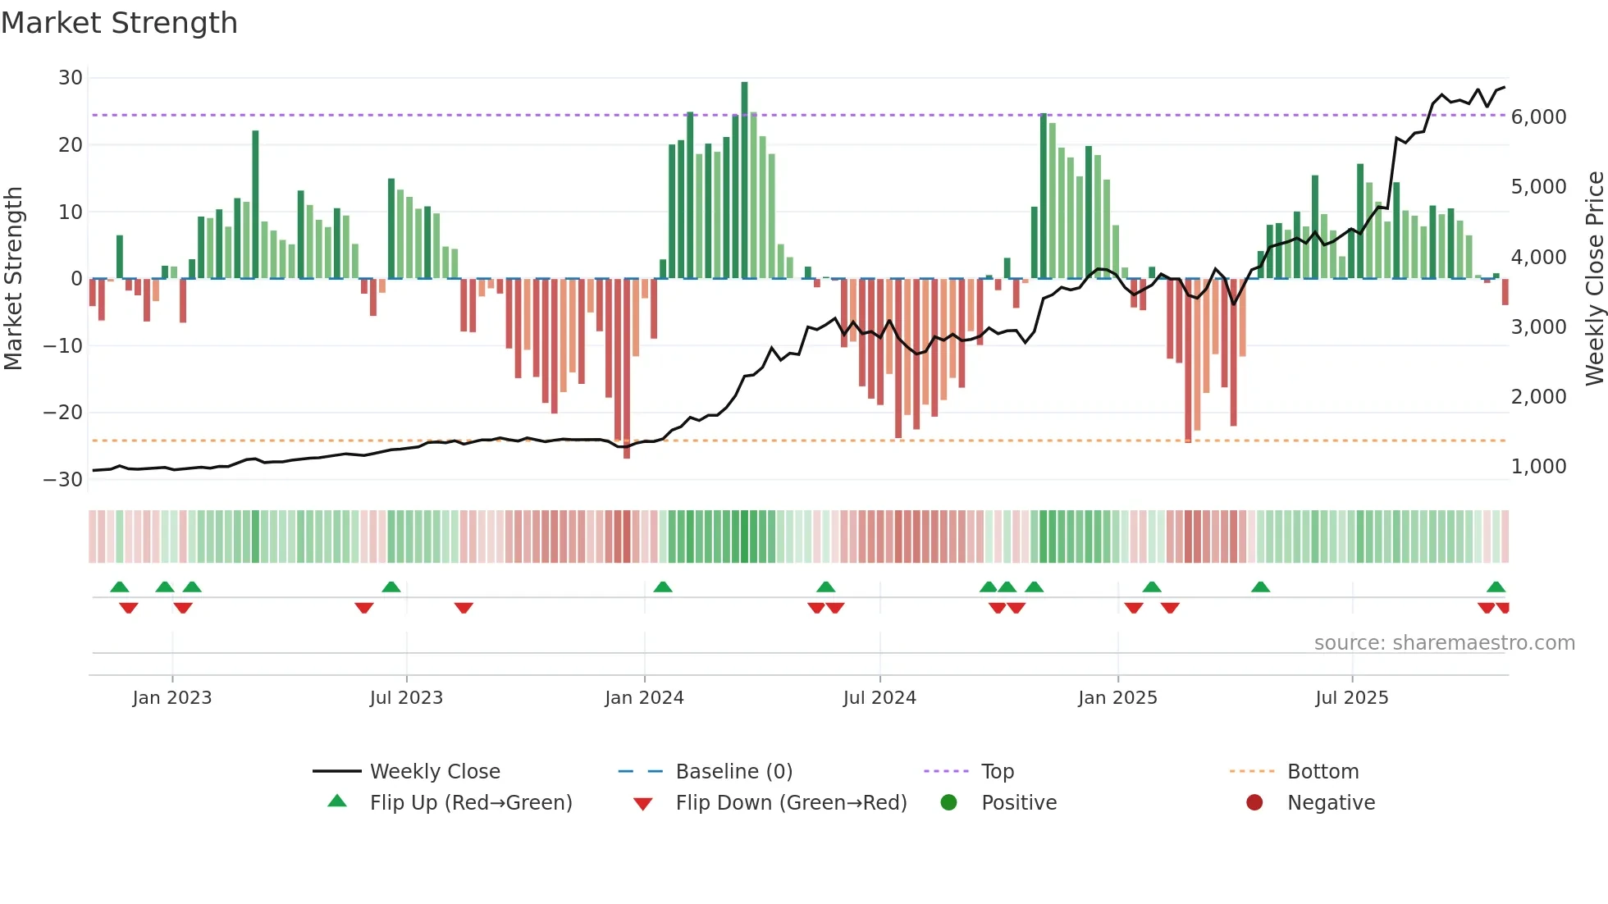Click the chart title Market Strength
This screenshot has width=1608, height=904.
point(119,23)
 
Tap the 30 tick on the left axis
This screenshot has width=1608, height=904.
point(71,78)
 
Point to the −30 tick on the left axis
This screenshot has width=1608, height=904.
point(64,480)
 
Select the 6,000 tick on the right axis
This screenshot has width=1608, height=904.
point(1538,117)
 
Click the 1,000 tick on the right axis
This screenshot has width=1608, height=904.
point(1538,467)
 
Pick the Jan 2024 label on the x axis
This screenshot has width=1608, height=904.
point(644,698)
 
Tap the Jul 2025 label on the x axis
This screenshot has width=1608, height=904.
point(1351,698)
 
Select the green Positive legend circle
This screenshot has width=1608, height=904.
point(949,802)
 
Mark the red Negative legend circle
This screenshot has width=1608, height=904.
point(1254,802)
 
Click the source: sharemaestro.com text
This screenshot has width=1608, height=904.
point(1444,643)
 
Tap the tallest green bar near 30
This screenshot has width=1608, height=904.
point(744,180)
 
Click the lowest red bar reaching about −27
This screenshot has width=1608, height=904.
point(627,369)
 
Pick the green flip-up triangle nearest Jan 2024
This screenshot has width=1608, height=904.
point(663,587)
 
